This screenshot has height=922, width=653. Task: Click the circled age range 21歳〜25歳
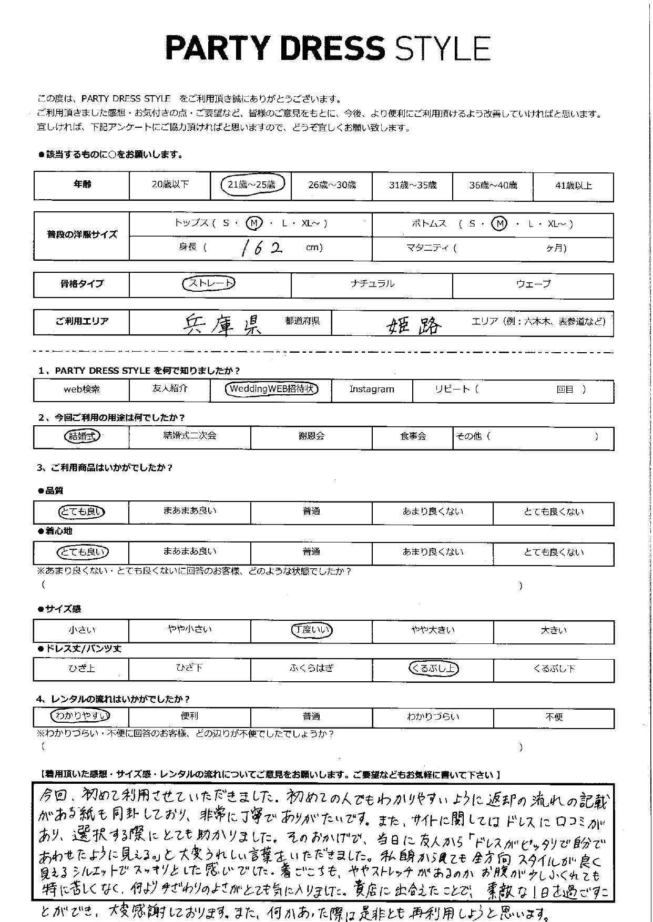pyautogui.click(x=251, y=185)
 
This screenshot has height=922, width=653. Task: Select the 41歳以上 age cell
pyautogui.click(x=573, y=186)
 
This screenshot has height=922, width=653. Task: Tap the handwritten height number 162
pyautogui.click(x=261, y=248)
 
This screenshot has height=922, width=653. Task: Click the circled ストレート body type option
pyautogui.click(x=209, y=284)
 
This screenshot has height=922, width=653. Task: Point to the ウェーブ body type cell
pyautogui.click(x=533, y=284)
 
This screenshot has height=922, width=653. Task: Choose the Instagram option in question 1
pyautogui.click(x=372, y=390)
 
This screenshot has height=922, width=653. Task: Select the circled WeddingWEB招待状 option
pyautogui.click(x=271, y=390)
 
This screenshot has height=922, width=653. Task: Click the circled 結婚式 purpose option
pyautogui.click(x=81, y=436)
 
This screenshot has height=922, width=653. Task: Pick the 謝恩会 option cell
pyautogui.click(x=311, y=436)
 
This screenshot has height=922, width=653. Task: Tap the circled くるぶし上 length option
pyautogui.click(x=433, y=669)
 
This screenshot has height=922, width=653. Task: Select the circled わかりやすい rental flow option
pyautogui.click(x=80, y=716)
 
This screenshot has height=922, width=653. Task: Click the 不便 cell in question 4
pyautogui.click(x=554, y=717)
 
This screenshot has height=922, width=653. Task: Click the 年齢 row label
pyautogui.click(x=81, y=185)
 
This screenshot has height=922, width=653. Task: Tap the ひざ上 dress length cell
pyautogui.click(x=81, y=669)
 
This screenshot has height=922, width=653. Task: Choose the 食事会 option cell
pyautogui.click(x=413, y=436)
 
